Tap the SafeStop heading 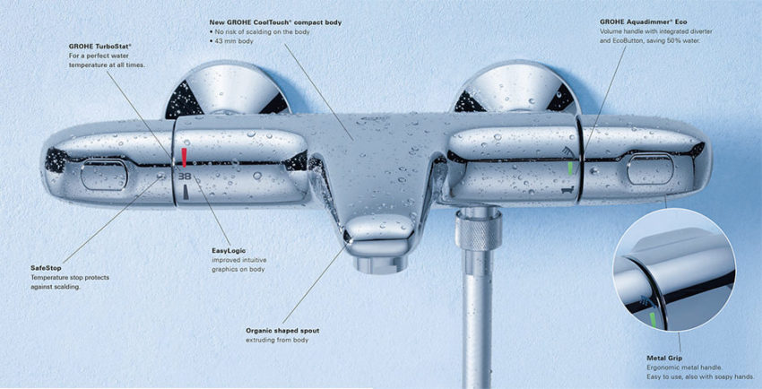tap(48, 267)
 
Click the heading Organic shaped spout tap(282, 331)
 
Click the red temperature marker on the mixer tap(185, 157)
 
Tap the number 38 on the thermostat tap(185, 177)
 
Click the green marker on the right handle tap(569, 167)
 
